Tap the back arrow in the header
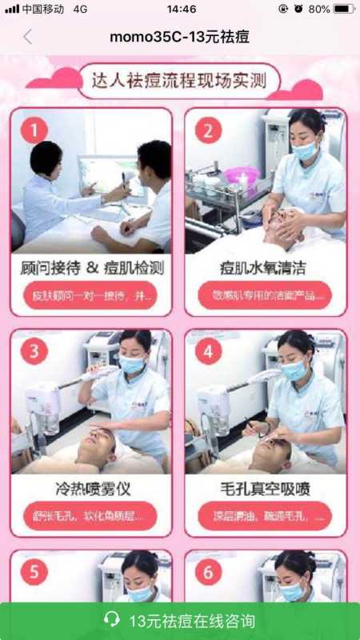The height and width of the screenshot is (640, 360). (x=28, y=37)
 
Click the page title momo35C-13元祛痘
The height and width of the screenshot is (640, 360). (x=180, y=37)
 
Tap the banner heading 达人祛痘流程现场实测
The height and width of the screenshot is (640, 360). (x=179, y=80)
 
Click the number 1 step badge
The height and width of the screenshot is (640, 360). (x=34, y=130)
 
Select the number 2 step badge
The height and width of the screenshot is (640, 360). (x=208, y=130)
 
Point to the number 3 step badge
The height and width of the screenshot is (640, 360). (x=34, y=350)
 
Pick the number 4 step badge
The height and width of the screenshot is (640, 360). (x=208, y=350)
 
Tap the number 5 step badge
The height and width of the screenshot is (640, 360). (x=34, y=572)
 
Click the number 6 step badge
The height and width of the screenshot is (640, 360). (x=208, y=572)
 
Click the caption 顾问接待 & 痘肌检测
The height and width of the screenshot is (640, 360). (x=91, y=267)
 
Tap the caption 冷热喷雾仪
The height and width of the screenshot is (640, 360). (x=91, y=487)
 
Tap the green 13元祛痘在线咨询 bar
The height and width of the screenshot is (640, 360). (x=180, y=621)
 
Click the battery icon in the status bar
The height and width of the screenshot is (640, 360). (x=343, y=9)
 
